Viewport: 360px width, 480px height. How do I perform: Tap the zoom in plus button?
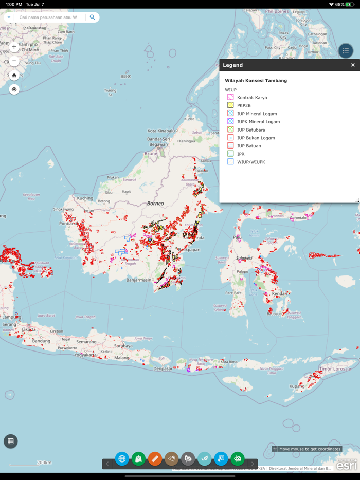(x=14, y=47)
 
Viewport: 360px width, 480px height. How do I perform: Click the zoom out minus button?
(x=14, y=61)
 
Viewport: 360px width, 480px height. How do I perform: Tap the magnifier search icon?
(x=93, y=17)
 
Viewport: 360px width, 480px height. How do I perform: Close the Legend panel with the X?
(x=353, y=65)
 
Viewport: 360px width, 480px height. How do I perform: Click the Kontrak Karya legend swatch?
(x=230, y=97)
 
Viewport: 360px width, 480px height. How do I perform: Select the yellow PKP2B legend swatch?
(x=230, y=105)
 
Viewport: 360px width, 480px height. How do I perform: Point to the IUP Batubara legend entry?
(x=251, y=130)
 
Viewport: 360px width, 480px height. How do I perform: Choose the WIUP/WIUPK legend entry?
(x=251, y=162)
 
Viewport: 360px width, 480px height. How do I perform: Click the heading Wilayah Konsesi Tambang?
(x=256, y=81)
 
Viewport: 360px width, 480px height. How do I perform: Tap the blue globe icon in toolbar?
(x=122, y=458)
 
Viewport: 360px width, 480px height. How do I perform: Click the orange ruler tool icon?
(x=155, y=458)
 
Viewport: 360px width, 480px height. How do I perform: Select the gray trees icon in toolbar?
(x=188, y=458)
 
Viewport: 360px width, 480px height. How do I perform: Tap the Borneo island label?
(x=155, y=204)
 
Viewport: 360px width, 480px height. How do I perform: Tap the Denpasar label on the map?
(x=163, y=368)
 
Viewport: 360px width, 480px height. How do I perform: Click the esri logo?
(x=347, y=465)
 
